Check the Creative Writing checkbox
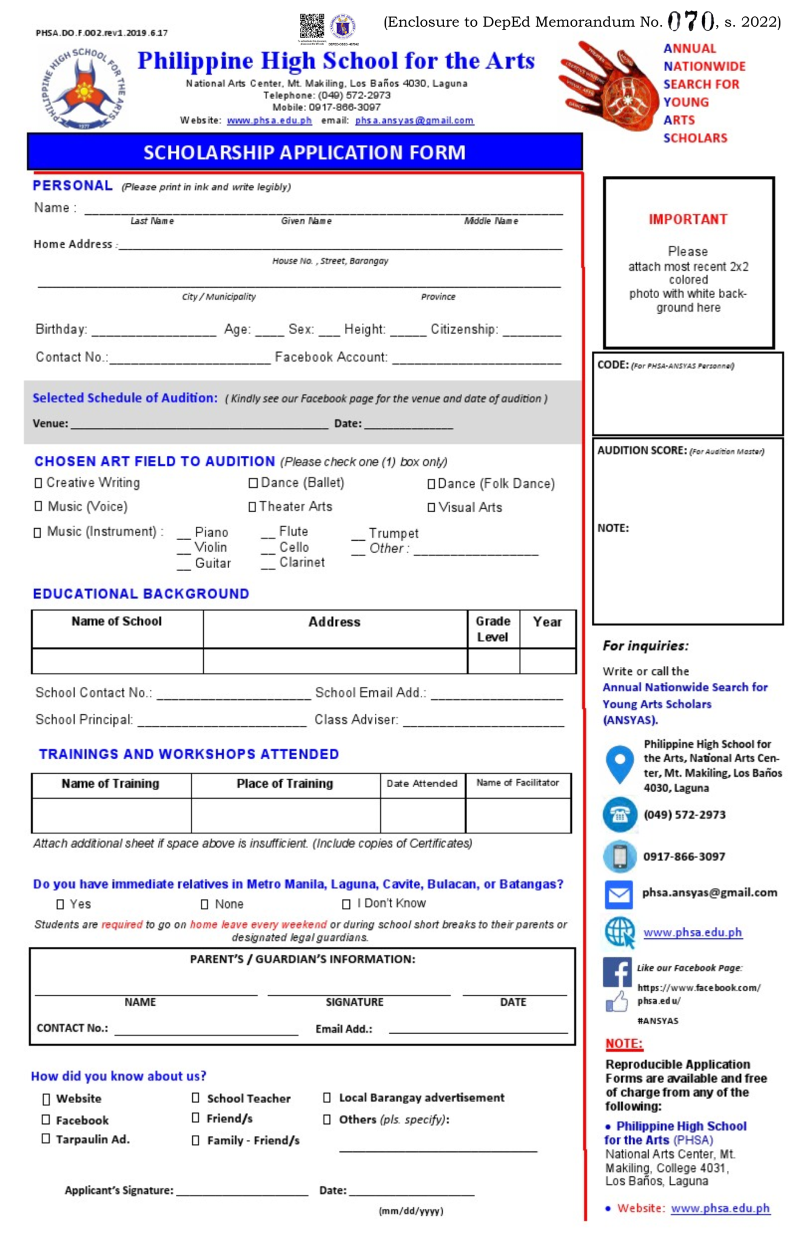(38, 483)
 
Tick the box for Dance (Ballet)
(253, 483)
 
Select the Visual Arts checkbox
(431, 507)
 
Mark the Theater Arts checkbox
(252, 507)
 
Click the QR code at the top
(312, 26)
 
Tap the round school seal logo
(84, 89)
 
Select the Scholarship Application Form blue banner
(304, 152)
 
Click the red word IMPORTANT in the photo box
(688, 219)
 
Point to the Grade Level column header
(492, 629)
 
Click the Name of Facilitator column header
(517, 783)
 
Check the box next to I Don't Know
(346, 904)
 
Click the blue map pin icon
(619, 764)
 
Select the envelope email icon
(619, 894)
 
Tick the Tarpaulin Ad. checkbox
(46, 1139)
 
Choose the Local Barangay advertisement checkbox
(327, 1097)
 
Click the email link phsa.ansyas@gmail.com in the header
(414, 121)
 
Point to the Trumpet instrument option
(393, 533)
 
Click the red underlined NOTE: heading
(623, 1044)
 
